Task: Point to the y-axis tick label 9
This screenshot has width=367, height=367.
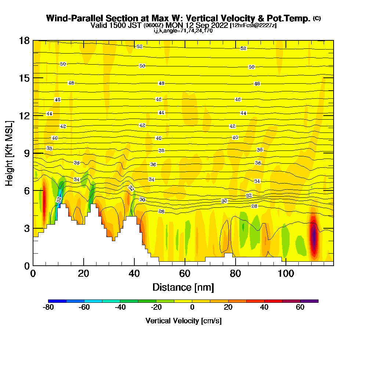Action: coord(27,153)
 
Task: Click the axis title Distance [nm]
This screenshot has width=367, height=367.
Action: coord(183,287)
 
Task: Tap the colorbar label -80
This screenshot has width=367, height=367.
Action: coord(48,308)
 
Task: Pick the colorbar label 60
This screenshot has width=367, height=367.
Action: coord(300,308)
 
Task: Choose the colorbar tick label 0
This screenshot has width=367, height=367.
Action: coord(192,308)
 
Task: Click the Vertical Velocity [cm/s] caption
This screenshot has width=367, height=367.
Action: coord(183,321)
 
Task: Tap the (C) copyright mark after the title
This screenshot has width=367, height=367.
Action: coord(317,18)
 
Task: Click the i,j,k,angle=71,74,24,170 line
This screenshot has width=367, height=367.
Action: coord(183,31)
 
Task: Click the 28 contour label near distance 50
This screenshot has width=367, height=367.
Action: coord(161,211)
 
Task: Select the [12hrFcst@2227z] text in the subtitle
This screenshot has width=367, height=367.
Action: coord(253,25)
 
